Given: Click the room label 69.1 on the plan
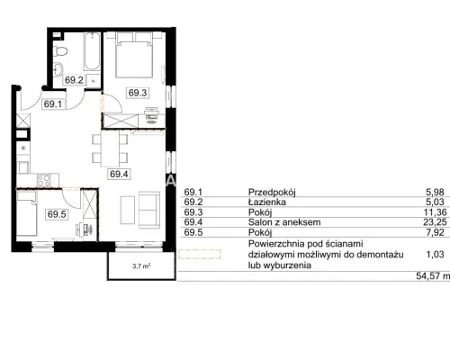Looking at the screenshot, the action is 53,104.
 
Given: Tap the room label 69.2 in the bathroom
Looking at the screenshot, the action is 74,80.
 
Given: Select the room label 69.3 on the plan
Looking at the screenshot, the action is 138,93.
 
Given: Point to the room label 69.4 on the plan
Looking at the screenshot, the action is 119,174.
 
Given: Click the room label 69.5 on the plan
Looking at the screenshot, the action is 57,214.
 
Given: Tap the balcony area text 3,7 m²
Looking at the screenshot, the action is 141,265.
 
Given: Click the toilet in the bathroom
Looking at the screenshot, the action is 60,51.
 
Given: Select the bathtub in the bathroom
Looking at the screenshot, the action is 92,51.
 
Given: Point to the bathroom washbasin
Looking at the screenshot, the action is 58,70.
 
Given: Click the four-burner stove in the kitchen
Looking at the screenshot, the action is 44,180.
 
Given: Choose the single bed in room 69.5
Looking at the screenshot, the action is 27,213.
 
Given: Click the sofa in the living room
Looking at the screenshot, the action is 149,211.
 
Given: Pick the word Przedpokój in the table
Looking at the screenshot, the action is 272,193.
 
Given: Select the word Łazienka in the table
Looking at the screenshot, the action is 267,202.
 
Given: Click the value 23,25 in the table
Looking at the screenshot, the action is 436,222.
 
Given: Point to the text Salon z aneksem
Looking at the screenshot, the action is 284,222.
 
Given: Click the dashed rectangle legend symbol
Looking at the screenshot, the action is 200,254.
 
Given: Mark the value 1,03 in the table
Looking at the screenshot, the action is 435,255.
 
